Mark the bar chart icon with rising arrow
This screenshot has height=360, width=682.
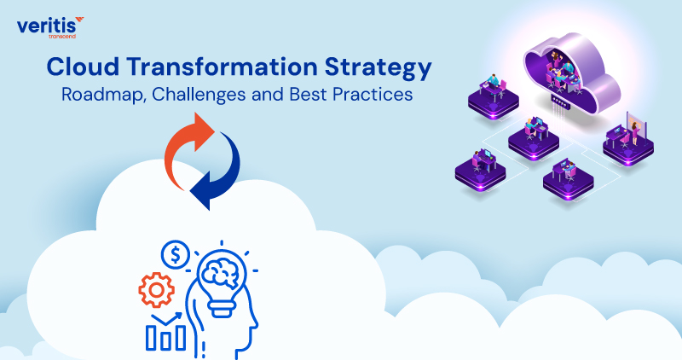(164, 333)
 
